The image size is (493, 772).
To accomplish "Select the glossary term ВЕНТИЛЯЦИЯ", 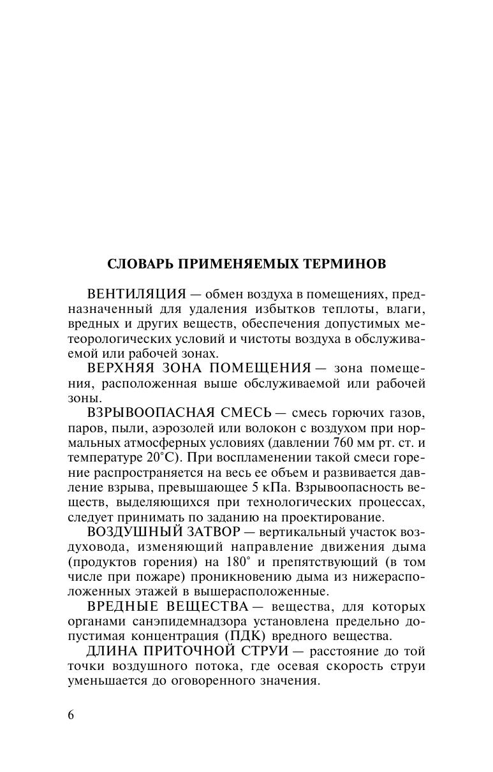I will (x=136, y=295).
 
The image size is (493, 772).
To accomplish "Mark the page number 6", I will (x=71, y=714).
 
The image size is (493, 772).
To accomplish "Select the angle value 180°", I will (x=235, y=562).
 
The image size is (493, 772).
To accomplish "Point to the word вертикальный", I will (x=292, y=532).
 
